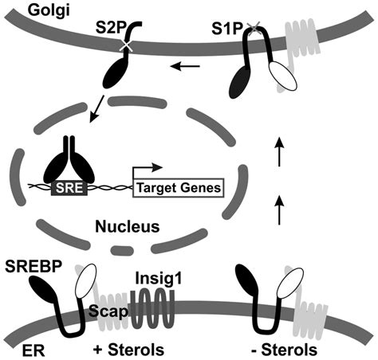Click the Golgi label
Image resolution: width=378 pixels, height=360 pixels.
coord(49,11)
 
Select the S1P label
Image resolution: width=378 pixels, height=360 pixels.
coord(226,29)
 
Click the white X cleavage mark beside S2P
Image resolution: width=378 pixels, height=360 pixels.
coord(127,45)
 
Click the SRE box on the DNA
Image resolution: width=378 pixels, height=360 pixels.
coord(69,188)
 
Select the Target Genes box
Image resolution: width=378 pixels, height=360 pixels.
coord(179,188)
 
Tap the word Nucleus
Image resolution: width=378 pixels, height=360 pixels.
coord(128,227)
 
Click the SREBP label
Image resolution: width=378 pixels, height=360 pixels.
coord(33,266)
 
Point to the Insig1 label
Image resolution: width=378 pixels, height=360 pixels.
coord(159,280)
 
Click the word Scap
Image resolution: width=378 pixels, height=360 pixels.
coord(108,311)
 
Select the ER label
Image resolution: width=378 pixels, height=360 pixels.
coord(33,350)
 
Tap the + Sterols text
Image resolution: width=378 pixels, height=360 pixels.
coord(129,350)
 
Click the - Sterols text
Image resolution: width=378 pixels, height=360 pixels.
coord(284,350)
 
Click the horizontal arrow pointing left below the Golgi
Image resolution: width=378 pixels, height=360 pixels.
coord(185,66)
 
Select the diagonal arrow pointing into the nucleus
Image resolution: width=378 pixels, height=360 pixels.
coord(97,109)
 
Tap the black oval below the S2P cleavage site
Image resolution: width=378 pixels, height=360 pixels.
coord(115,74)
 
